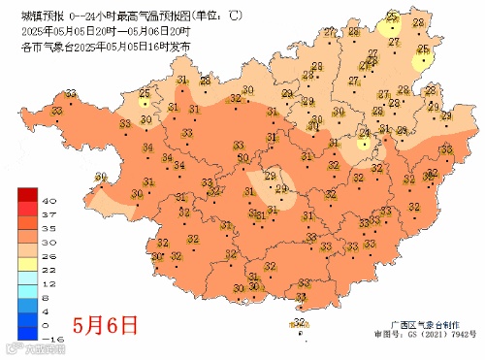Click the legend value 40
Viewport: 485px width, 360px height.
[x=48, y=199]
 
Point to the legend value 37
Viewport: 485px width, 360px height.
[x=48, y=212]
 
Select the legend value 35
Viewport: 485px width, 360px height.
[x=48, y=225]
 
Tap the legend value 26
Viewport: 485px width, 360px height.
[x=48, y=251]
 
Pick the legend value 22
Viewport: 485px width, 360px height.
[x=48, y=265]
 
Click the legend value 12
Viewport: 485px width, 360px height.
[x=48, y=278]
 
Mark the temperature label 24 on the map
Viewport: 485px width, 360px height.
[x=365, y=132]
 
